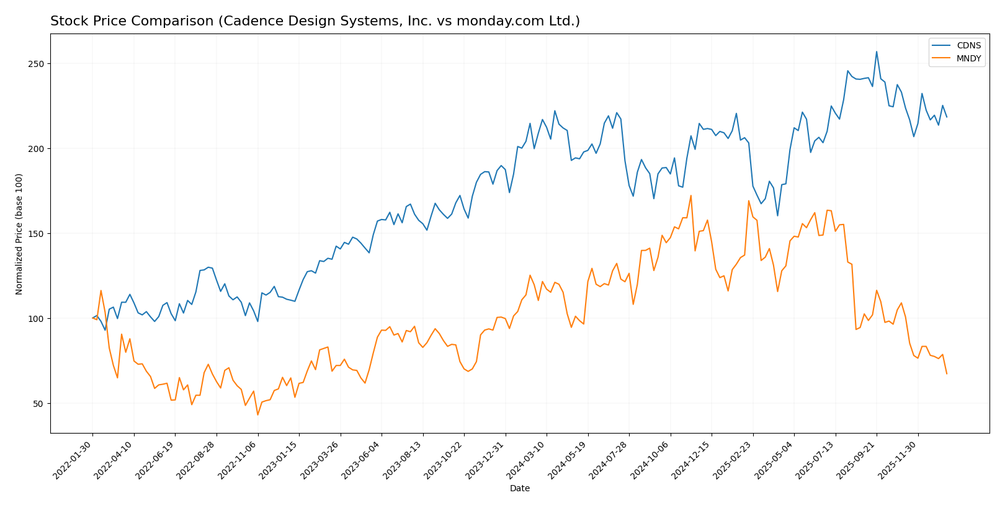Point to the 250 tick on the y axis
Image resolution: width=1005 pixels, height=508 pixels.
38,64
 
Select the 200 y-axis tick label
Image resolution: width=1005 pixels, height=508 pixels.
38,149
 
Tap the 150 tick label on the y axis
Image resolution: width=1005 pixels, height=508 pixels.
38,234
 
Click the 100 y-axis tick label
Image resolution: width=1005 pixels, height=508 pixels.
38,319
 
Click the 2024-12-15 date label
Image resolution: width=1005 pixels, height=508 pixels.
692,460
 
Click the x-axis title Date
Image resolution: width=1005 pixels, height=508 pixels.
520,489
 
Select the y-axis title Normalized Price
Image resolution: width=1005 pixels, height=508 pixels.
19,234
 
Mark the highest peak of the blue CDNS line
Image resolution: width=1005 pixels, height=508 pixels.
877,51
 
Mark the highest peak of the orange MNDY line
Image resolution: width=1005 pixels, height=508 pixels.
691,195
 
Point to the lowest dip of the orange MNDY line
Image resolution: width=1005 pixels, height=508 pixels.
257,415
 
